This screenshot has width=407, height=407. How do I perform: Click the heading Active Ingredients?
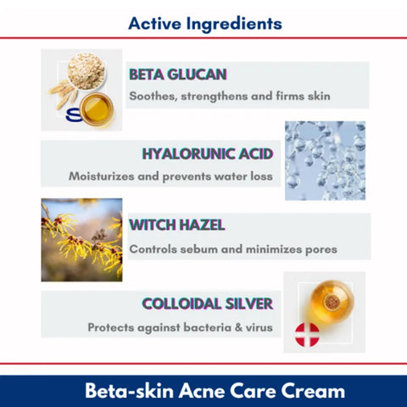click(205, 21)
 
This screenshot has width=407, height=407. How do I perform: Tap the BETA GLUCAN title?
click(177, 74)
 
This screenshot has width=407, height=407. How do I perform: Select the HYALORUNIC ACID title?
click(207, 154)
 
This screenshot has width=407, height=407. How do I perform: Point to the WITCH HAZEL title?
click(176, 226)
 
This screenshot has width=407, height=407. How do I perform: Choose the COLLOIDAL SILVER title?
click(207, 304)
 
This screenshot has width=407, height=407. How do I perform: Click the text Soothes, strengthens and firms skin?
click(229, 96)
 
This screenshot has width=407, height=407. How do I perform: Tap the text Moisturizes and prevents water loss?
click(170, 176)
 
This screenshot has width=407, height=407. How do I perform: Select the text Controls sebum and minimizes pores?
click(233, 249)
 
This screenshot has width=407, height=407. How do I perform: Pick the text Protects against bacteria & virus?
click(180, 326)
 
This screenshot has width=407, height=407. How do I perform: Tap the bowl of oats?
click(85, 68)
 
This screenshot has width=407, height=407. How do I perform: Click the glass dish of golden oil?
click(97, 108)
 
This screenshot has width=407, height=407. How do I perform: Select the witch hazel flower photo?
click(81, 240)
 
